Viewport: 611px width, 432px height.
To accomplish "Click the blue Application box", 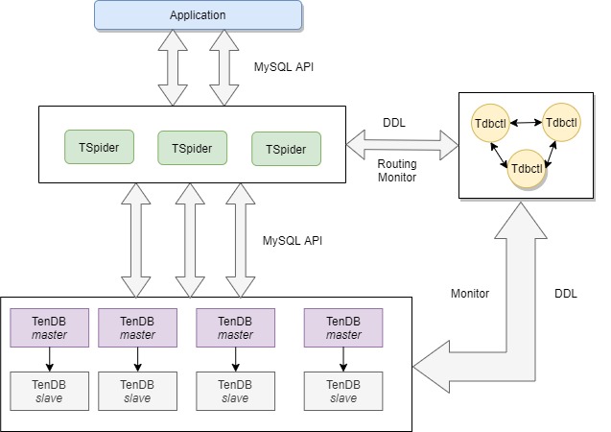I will click(198, 14).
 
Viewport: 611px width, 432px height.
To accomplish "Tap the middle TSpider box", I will click(192, 149).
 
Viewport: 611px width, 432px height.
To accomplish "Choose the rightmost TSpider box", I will click(286, 150).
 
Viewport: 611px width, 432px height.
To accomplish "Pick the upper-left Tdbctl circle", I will click(490, 124).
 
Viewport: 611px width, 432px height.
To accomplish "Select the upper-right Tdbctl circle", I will click(560, 123).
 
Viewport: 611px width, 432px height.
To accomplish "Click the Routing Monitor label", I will click(396, 171).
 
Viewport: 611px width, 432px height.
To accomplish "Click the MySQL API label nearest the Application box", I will click(284, 67).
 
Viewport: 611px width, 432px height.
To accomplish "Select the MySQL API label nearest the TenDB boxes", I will click(293, 240).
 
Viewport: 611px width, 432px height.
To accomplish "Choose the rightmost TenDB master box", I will click(343, 327).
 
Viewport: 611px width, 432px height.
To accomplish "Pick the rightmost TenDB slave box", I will click(343, 391).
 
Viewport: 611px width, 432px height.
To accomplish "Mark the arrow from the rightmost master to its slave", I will click(343, 359).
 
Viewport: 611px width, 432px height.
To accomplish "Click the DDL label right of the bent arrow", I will click(566, 293).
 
